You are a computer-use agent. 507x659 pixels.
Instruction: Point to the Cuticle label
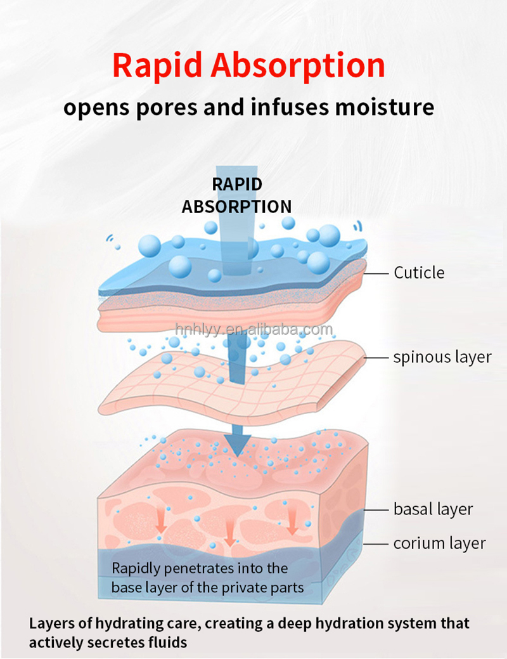419,273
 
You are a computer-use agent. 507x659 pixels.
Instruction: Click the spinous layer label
442,357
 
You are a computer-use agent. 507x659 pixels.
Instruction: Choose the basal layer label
433,509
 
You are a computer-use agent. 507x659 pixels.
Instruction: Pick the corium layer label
439,543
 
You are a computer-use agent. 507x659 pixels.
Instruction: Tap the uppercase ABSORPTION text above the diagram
237,207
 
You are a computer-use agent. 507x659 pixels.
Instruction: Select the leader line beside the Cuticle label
378,273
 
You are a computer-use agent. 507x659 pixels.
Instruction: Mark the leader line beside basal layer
378,509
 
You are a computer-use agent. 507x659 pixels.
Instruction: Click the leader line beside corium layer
378,543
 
